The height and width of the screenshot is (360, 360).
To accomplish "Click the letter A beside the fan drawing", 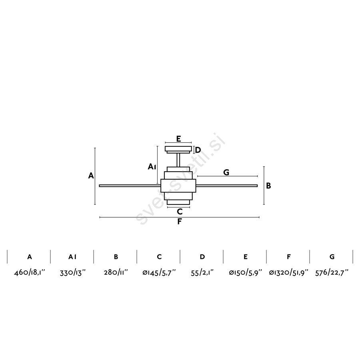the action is [x=91, y=176].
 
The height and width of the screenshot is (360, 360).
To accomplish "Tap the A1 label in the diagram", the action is [x=152, y=167].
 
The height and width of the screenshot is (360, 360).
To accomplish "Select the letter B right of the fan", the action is [x=268, y=186].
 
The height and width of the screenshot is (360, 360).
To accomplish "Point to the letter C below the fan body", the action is [x=180, y=212].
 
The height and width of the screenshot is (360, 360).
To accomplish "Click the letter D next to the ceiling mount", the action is [x=198, y=150].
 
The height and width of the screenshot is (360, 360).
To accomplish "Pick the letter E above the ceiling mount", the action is [x=179, y=139].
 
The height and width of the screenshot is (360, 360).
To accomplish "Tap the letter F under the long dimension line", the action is [x=180, y=222].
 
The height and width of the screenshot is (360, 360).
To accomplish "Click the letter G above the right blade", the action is [x=226, y=172].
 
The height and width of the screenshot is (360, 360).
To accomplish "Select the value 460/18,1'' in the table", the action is [x=29, y=272].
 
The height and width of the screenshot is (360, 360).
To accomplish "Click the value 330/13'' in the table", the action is [x=72, y=272].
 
